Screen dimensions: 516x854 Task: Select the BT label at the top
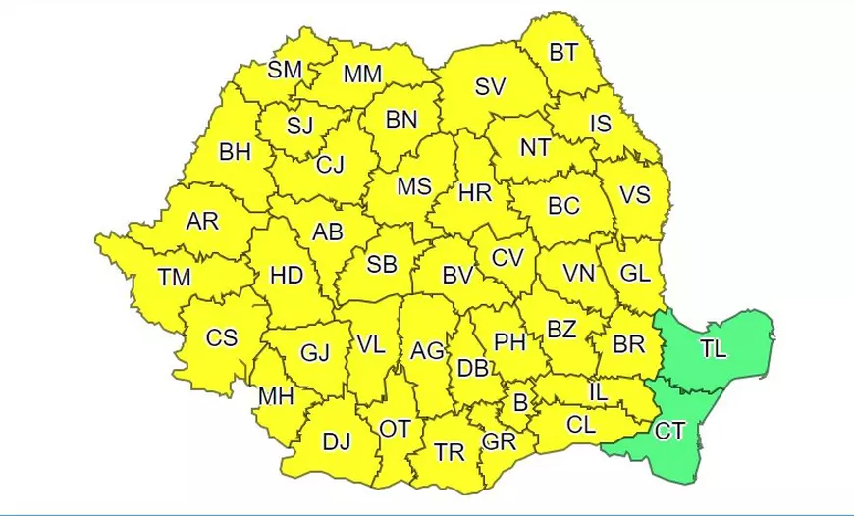click(x=563, y=53)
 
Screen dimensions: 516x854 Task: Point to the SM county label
click(x=285, y=70)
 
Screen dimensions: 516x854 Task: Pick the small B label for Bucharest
click(x=520, y=401)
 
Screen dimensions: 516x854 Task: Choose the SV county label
click(x=490, y=87)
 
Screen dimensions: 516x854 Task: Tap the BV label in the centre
click(x=457, y=276)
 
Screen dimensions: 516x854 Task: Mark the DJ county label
click(x=337, y=442)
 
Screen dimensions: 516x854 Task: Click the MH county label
click(x=276, y=397)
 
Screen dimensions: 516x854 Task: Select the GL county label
click(x=636, y=274)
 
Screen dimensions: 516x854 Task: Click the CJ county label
click(x=330, y=165)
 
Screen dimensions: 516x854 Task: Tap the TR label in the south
click(x=450, y=452)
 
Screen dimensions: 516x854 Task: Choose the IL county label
click(x=600, y=392)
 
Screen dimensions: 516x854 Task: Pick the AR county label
click(x=202, y=221)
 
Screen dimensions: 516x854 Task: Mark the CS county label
click(x=221, y=337)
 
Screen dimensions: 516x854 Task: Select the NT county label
click(x=535, y=148)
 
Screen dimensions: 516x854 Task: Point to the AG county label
click(x=427, y=350)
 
